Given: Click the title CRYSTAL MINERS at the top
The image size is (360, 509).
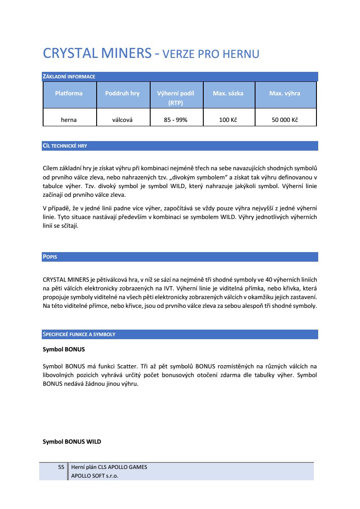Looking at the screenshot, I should (x=97, y=54).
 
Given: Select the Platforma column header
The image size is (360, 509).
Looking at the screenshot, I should (x=69, y=93).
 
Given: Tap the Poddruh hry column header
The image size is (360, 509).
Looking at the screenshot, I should (x=122, y=93).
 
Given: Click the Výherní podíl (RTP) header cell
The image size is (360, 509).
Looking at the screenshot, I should (x=175, y=98).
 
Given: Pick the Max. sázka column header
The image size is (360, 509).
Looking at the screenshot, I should (x=228, y=93).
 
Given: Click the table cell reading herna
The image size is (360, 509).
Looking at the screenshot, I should (x=69, y=120).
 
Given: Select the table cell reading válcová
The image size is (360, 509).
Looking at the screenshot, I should (x=122, y=120).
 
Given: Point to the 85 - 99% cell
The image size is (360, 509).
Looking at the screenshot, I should (x=175, y=120).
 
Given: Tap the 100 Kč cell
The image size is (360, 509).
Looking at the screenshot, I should (x=228, y=120).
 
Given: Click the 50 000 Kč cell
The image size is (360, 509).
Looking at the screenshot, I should (x=285, y=120).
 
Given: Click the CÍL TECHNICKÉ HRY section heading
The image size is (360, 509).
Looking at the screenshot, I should (x=65, y=146).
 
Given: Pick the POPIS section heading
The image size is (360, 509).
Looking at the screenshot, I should (x=50, y=257).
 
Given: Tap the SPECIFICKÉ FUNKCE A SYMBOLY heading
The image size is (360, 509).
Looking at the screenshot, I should (x=79, y=334).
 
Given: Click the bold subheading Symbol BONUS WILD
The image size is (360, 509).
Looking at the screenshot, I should (x=72, y=442).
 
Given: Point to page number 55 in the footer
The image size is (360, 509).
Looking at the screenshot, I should (x=61, y=467).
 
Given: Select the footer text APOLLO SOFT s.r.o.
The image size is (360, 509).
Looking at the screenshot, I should (x=94, y=475).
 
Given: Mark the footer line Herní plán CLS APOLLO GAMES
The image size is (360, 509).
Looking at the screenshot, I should (x=109, y=467).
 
